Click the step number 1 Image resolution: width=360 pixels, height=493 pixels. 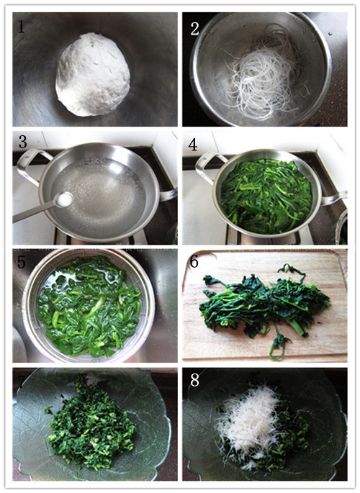point(22,27)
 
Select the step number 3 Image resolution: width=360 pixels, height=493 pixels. point(22,145)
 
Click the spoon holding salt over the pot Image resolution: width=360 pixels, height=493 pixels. point(43,207)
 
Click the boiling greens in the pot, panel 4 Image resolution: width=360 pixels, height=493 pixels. point(266,194)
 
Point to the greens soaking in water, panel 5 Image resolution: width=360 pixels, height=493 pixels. point(90,306)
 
